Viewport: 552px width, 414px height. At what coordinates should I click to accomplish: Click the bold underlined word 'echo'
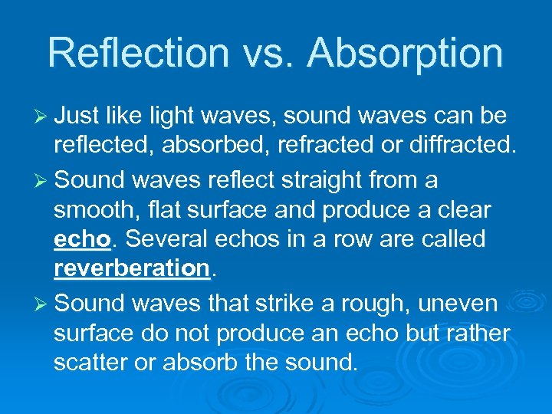[82, 240]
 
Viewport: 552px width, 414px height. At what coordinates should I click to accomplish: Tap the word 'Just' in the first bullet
[78, 117]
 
